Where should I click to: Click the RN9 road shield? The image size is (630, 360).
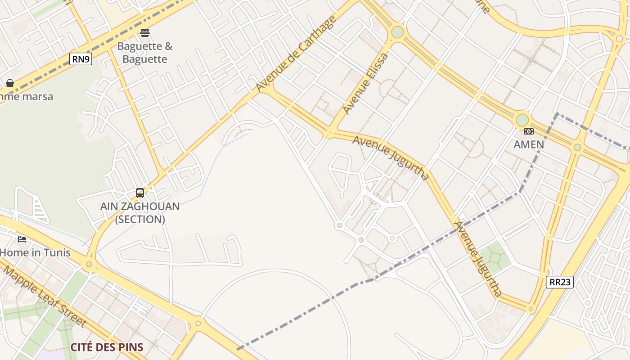point(81,59)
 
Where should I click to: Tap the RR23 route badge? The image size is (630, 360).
point(559,282)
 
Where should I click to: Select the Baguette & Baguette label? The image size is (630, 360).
point(145,53)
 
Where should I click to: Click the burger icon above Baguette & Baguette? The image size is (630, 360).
point(145,32)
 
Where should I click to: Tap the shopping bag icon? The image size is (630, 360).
point(10,83)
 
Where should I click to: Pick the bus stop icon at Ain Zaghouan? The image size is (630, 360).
point(140,193)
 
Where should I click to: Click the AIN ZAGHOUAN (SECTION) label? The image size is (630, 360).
point(140,213)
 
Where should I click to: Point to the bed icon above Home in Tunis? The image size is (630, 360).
point(22,239)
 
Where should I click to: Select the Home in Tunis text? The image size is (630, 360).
point(35,252)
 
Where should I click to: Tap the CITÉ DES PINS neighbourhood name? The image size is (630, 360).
point(107,347)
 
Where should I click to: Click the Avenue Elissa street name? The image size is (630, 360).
point(365,84)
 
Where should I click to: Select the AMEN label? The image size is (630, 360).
point(529,144)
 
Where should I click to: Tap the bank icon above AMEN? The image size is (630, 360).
point(529,131)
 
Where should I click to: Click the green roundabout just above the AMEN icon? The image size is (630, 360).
point(522,120)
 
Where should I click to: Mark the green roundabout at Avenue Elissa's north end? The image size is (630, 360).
point(397,32)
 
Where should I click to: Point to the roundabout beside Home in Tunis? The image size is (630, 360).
point(89,264)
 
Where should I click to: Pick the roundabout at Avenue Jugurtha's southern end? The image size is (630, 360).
point(531,309)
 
